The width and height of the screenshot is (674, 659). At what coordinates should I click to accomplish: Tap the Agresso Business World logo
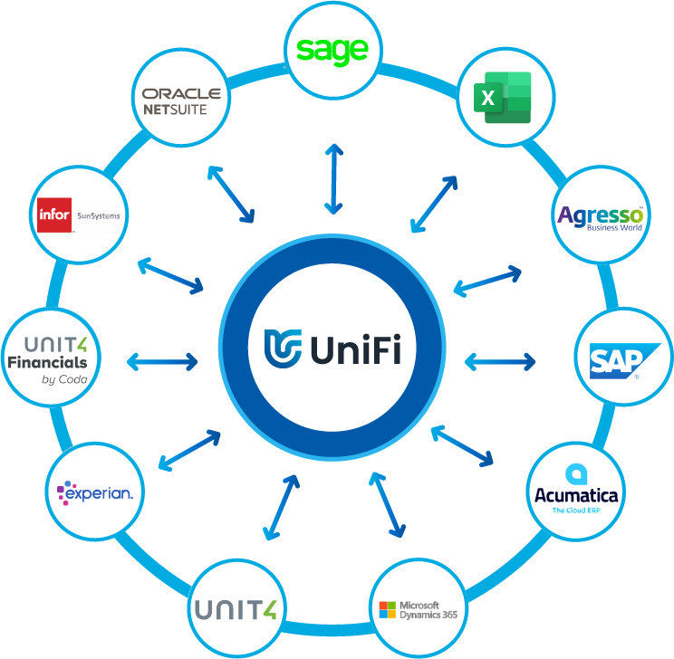coord(601,218)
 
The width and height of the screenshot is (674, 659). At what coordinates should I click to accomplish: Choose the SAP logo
coord(617,358)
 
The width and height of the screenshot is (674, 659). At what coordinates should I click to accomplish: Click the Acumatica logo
coord(575,492)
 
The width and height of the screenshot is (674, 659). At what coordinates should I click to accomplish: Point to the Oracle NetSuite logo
coord(181,100)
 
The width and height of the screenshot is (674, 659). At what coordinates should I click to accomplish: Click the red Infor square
coord(53,215)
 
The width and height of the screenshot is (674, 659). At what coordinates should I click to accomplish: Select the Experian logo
coord(94,493)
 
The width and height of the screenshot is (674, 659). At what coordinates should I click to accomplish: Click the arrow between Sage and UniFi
coord(333,178)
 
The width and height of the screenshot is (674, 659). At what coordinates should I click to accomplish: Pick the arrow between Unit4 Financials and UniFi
coord(162,361)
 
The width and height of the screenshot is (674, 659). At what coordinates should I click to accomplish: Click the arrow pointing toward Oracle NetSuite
coord(230,194)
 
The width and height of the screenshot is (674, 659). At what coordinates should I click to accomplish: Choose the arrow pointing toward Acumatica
coord(463,446)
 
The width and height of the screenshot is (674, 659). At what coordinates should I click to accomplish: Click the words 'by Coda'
coord(64,379)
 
